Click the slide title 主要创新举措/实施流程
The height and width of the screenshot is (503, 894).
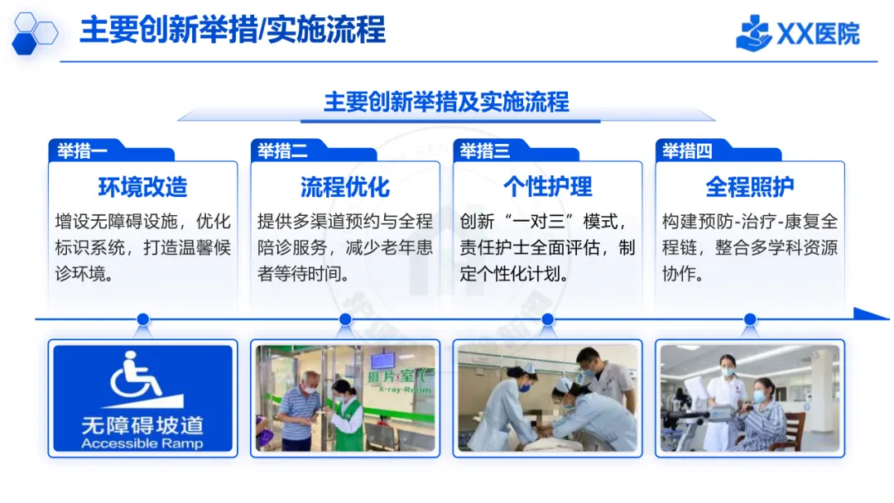coord(233,31)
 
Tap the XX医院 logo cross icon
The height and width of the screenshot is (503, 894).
coord(753,33)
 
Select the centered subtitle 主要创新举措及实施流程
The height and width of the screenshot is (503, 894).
coord(446,102)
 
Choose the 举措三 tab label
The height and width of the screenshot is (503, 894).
coord(485,151)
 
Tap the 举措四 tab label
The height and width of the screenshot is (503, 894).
coord(687,151)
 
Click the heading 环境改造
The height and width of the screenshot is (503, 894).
coord(142,187)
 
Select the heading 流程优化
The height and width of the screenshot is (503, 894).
coord(344,187)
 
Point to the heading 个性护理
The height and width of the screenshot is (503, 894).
coord(547,187)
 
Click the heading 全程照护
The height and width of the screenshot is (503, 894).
coord(749,187)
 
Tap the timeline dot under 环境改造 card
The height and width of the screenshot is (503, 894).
coord(142,319)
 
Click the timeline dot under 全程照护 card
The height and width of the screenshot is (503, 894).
coord(750,319)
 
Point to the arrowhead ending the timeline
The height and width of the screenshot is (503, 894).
coord(871,314)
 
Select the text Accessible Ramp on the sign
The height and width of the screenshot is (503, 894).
coord(142,443)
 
